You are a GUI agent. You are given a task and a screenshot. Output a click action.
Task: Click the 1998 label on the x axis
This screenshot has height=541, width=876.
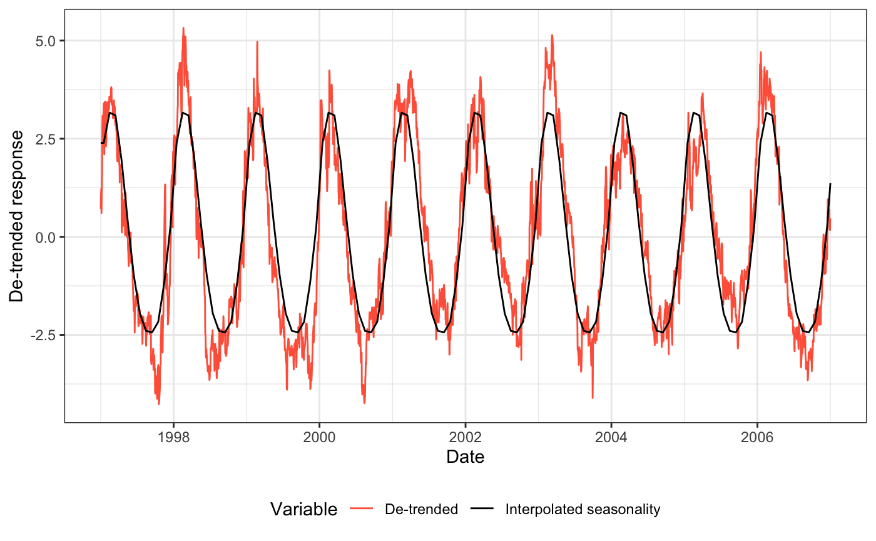(173, 436)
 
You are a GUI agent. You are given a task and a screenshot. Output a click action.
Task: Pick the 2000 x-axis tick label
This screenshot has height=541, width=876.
(319, 436)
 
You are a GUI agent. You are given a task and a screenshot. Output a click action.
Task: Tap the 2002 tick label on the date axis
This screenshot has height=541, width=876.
(465, 436)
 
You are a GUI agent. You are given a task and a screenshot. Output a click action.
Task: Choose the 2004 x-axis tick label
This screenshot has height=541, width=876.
(611, 436)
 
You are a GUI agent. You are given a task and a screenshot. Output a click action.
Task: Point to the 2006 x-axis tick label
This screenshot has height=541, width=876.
(757, 436)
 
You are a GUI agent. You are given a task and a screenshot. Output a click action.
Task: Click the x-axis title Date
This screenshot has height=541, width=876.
(465, 457)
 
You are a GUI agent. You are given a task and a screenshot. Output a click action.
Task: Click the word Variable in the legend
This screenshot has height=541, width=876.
(303, 510)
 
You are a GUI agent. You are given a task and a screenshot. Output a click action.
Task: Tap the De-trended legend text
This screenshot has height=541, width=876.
(422, 510)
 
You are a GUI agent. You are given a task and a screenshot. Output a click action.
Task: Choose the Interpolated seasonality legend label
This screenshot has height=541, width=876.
(583, 510)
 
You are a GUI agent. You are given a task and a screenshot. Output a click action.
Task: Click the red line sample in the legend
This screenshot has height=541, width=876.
(364, 510)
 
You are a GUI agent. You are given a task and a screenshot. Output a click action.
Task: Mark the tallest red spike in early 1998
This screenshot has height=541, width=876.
(183, 28)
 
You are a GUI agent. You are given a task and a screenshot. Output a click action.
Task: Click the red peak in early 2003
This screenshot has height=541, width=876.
(552, 36)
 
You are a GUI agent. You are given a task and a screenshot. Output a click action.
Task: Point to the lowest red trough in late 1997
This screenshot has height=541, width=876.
(159, 404)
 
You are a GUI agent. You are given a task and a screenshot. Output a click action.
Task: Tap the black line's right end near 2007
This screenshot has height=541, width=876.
(830, 184)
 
